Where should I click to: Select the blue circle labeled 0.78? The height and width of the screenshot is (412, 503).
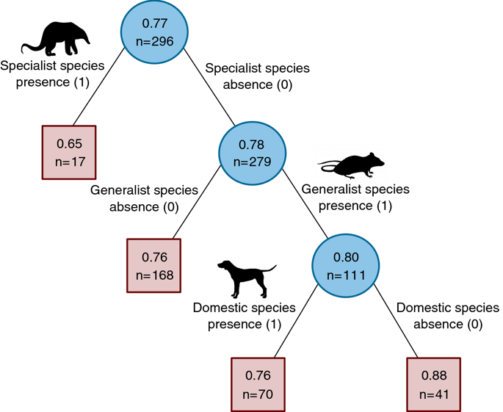click(x=252, y=153)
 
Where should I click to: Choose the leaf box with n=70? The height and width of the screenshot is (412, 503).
click(x=258, y=386)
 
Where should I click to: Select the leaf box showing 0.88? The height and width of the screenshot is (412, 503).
click(x=433, y=386)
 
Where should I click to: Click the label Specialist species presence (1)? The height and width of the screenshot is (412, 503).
click(x=53, y=73)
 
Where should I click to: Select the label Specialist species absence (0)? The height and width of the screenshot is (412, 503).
click(x=257, y=76)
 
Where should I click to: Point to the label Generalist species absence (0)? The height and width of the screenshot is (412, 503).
click(x=144, y=198)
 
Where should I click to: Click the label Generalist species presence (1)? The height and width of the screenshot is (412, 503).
click(x=355, y=197)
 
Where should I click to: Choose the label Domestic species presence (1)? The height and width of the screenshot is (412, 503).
click(x=244, y=316)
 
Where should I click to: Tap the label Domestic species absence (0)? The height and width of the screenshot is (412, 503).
click(x=447, y=316)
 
